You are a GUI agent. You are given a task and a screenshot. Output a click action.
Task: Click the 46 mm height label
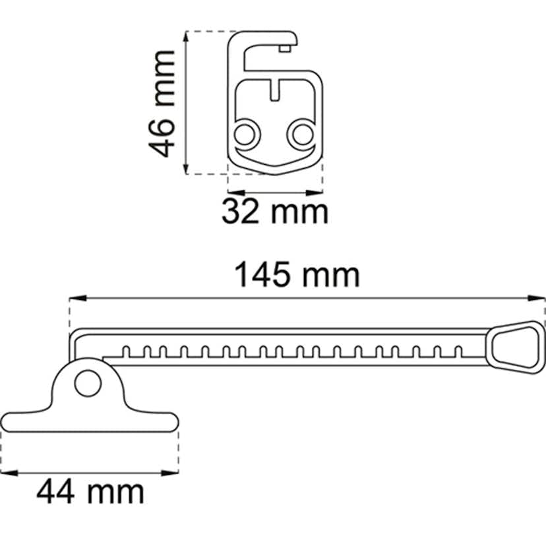tap(163, 103)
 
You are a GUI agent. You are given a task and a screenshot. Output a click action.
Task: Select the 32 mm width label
tap(274, 212)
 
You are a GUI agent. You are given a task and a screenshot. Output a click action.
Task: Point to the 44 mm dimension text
tap(90, 492)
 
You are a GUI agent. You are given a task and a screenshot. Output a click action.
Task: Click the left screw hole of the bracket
tap(245, 134)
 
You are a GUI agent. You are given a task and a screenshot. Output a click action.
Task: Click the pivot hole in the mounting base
tap(86, 382)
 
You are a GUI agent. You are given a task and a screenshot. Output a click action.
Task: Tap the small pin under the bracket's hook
tap(285, 47)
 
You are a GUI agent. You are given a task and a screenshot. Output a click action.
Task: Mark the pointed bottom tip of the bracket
tap(275, 173)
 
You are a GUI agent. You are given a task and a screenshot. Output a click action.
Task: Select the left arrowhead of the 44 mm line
tap(4, 472)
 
